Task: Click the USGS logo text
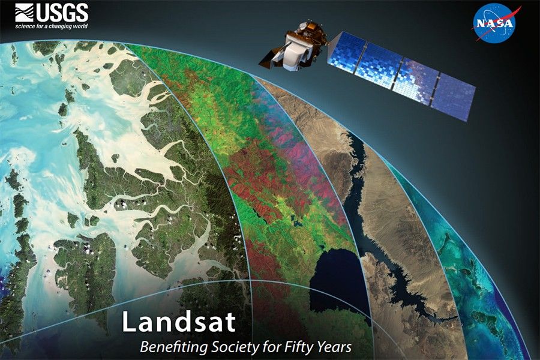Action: click(x=62, y=13)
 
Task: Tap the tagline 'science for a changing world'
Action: click(x=52, y=26)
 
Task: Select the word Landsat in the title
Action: click(x=179, y=322)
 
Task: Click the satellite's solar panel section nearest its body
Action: click(x=346, y=52)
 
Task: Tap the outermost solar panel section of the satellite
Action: click(x=454, y=97)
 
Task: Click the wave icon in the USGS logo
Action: click(x=25, y=13)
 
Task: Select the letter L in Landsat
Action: click(x=128, y=322)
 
